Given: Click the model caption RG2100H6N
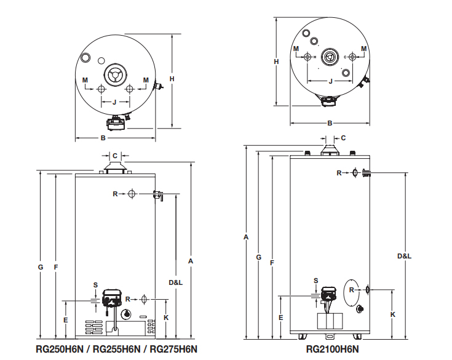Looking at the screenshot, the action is pyautogui.click(x=332, y=349).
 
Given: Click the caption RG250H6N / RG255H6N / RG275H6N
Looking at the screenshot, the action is pyautogui.click(x=116, y=349).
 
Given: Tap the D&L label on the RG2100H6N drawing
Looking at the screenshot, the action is pyautogui.click(x=405, y=256).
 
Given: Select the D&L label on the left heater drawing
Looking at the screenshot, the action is pyautogui.click(x=175, y=282).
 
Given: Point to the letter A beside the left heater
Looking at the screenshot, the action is pyautogui.click(x=191, y=261).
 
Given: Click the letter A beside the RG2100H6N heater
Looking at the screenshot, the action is pyautogui.click(x=246, y=237).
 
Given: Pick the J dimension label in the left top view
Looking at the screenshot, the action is pyautogui.click(x=114, y=102).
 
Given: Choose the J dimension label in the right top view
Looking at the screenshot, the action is pyautogui.click(x=331, y=81).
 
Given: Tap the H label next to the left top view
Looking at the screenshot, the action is pyautogui.click(x=172, y=79).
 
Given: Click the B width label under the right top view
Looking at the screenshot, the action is pyautogui.click(x=330, y=124).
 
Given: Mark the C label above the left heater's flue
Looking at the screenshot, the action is pyautogui.click(x=115, y=156).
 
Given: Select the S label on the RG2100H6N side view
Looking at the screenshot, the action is pyautogui.click(x=316, y=281).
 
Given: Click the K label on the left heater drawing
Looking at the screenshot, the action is pyautogui.click(x=166, y=318).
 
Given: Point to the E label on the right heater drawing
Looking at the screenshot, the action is pyautogui.click(x=281, y=318).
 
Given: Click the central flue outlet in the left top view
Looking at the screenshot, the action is pyautogui.click(x=115, y=74).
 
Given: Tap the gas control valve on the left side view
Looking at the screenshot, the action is pyautogui.click(x=112, y=298).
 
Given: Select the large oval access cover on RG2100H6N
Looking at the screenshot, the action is pyautogui.click(x=352, y=292).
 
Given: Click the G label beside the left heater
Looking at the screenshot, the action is pyautogui.click(x=41, y=267).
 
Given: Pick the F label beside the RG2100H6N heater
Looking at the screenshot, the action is pyautogui.click(x=272, y=263).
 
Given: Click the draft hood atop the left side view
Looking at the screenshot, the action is pyautogui.click(x=115, y=168).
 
